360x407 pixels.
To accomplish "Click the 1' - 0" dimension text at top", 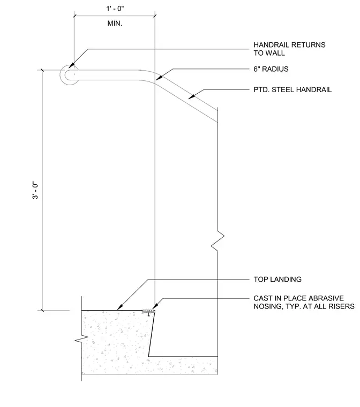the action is tap(115, 9).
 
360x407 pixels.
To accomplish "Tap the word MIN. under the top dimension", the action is tap(115, 24).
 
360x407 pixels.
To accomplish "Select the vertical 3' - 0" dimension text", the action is tap(35, 190).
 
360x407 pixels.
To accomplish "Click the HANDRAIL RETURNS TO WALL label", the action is tap(289, 49).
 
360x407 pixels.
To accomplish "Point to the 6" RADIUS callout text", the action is tap(271, 69).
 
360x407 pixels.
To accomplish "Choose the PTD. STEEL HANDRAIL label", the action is tap(292, 90).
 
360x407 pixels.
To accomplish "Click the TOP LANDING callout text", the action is tap(277, 280).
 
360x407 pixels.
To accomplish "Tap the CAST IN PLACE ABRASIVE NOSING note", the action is tap(304, 302).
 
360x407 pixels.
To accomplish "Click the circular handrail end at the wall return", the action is tap(69, 75).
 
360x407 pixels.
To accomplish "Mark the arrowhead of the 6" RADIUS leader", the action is tap(159, 78).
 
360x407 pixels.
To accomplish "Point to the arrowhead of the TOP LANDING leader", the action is tap(119, 308).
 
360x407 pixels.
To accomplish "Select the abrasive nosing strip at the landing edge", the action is tap(148, 311).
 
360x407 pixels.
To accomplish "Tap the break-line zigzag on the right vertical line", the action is tap(217, 240).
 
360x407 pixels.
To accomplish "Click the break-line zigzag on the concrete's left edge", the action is tap(81, 340).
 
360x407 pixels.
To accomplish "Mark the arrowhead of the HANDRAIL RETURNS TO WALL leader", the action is tap(71, 65).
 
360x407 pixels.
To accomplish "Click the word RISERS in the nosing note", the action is tap(342, 306).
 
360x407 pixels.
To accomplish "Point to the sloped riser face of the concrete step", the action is tap(152, 334).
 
